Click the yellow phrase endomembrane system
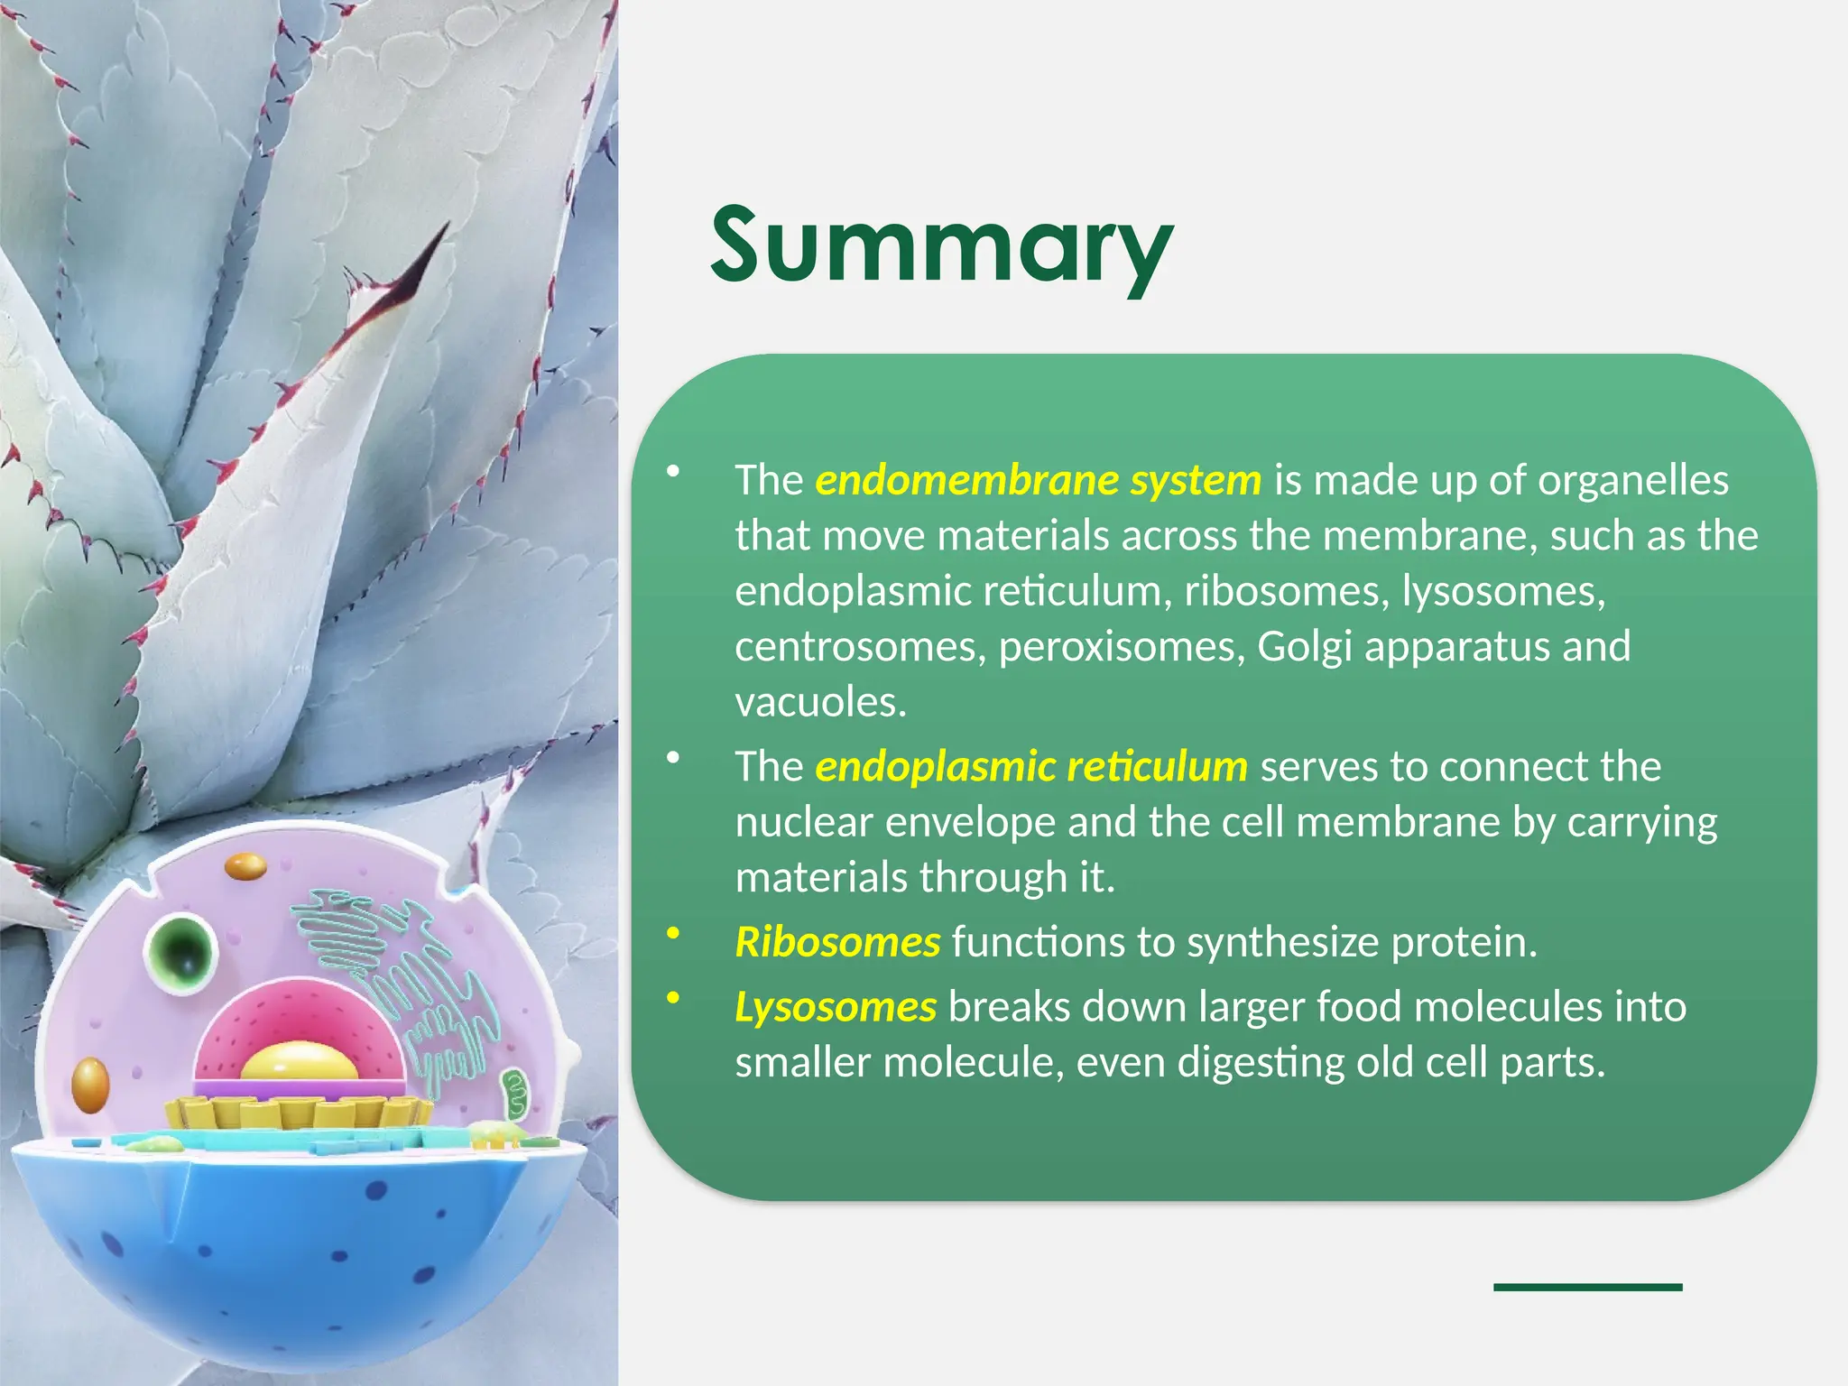coord(1038,480)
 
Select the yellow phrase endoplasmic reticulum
coord(1030,766)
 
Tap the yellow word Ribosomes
coord(837,942)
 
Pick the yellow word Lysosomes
coord(836,1007)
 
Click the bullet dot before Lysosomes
coord(672,998)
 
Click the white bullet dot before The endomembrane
coord(672,471)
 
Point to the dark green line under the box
coord(1587,1287)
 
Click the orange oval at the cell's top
coord(245,867)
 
